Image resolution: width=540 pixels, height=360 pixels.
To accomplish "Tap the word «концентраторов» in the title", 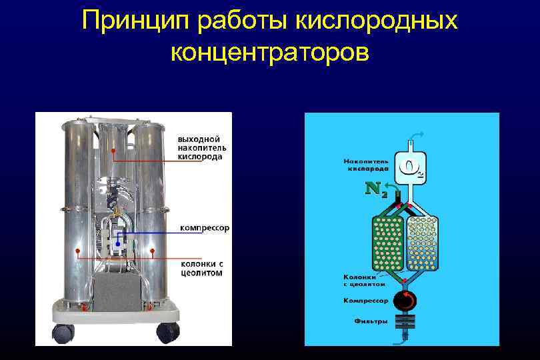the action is coord(269,51).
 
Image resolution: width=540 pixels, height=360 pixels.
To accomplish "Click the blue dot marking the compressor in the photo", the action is coord(117,245).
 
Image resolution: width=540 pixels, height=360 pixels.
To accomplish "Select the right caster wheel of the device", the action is coord(168,331).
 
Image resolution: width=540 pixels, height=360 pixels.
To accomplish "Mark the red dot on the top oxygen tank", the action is coord(114,151).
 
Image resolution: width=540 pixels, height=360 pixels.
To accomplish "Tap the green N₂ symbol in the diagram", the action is coord(377,189).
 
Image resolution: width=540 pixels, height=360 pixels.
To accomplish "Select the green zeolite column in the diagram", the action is coord(387,239).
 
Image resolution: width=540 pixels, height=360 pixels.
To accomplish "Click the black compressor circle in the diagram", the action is coord(403,301).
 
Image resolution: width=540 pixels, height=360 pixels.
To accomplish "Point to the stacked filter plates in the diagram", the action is coord(403,323).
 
